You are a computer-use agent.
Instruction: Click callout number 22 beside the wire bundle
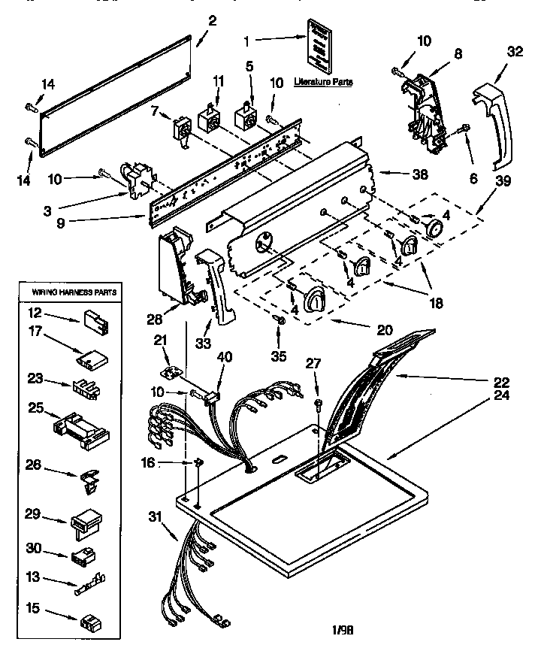coord(501,381)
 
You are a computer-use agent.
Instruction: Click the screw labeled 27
coord(319,407)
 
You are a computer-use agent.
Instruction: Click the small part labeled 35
coord(280,321)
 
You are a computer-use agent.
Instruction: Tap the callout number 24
coord(501,398)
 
